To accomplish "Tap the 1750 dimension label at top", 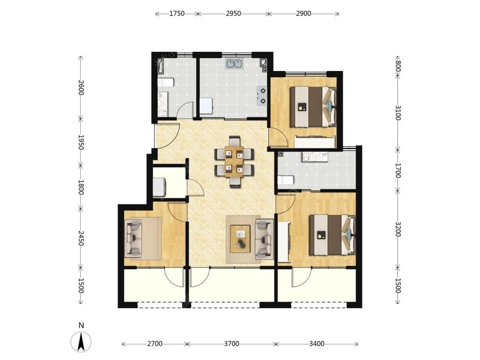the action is [x=177, y=13].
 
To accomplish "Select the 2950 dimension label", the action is [x=233, y=13].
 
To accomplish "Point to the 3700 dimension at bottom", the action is [x=231, y=344].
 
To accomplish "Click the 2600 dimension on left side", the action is [x=81, y=87].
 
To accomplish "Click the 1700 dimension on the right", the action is [x=397, y=170].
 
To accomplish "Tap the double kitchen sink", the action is [x=234, y=63].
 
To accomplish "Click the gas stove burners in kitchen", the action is [x=262, y=96].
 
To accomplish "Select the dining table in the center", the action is [x=234, y=161].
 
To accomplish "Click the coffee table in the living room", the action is [x=240, y=239].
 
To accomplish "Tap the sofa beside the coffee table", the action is [x=264, y=239].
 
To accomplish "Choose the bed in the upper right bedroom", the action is [x=313, y=107].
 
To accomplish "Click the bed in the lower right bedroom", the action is [x=333, y=235].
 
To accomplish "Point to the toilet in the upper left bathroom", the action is [x=166, y=82].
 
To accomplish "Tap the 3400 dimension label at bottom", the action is [x=316, y=344].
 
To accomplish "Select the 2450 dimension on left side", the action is [x=81, y=238].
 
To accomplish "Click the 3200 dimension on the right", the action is [x=397, y=229].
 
